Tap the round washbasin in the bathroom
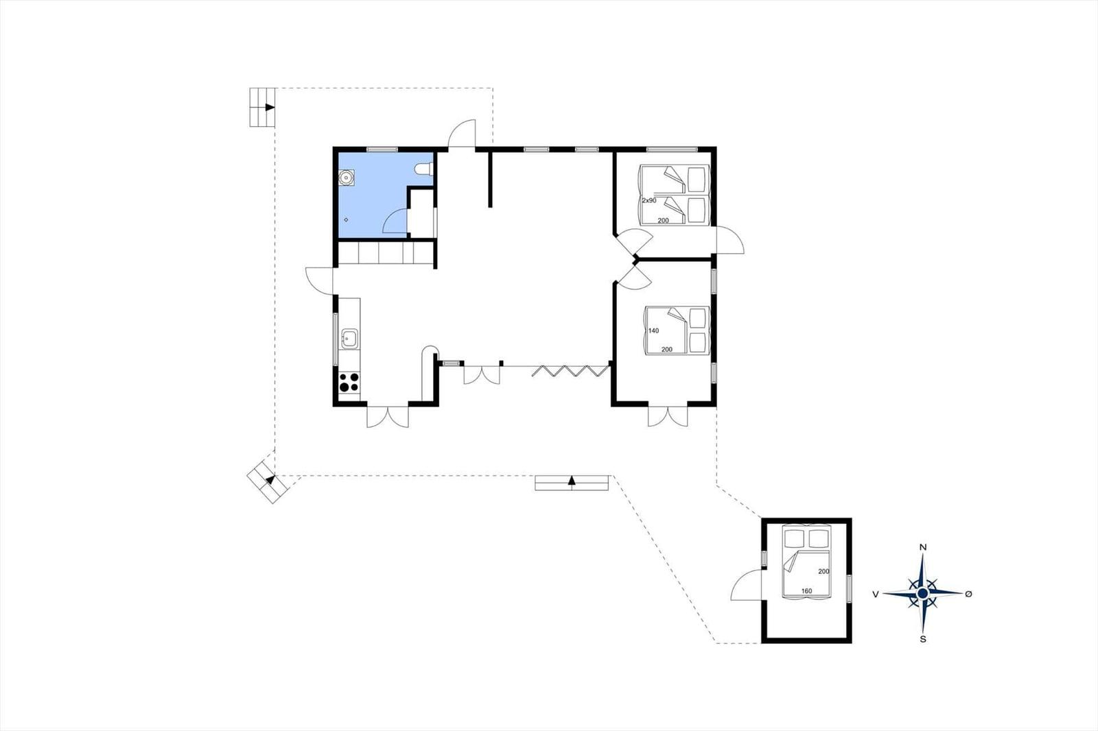(x=346, y=178)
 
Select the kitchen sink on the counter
(x=349, y=339)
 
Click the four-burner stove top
(x=349, y=382)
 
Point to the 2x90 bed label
(x=649, y=200)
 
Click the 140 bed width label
(x=653, y=331)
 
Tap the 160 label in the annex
(x=806, y=591)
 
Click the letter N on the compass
(x=922, y=547)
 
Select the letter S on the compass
(x=923, y=639)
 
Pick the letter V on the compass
(x=876, y=595)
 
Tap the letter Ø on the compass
(x=968, y=594)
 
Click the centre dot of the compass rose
(x=922, y=593)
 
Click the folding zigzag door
(x=571, y=371)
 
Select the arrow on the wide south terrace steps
(x=572, y=481)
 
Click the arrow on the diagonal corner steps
(x=270, y=479)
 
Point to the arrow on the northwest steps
(x=270, y=107)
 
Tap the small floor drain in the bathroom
(x=346, y=220)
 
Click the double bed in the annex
(x=806, y=562)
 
